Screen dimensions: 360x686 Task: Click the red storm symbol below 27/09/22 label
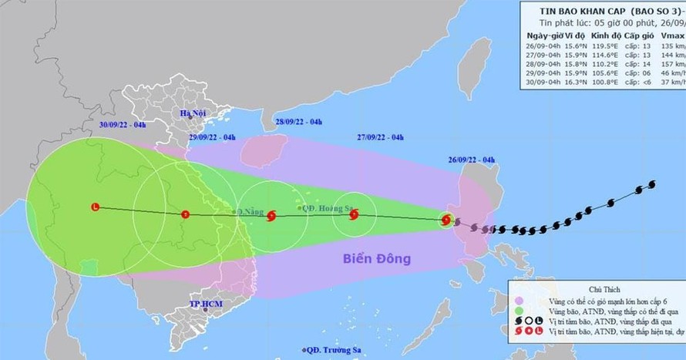pos(353,215)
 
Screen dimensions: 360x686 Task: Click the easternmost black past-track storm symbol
pos(652,184)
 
